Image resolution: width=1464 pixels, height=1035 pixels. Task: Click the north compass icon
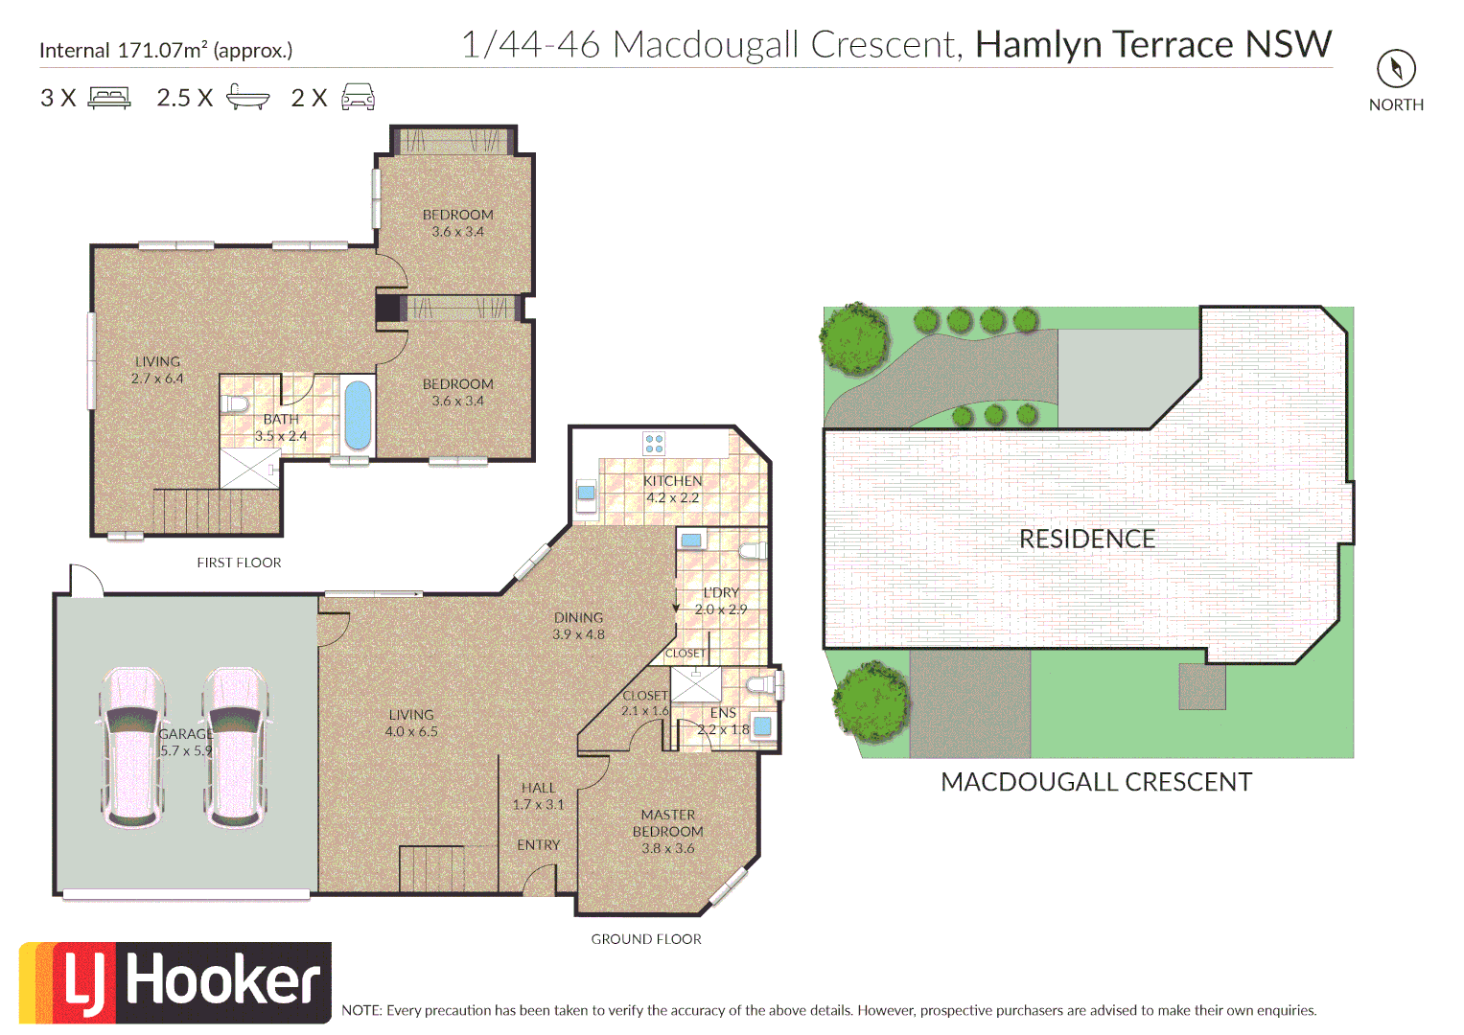point(1396,69)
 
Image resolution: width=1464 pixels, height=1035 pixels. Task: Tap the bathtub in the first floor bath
point(358,416)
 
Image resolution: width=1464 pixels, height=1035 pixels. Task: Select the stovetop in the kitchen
point(654,443)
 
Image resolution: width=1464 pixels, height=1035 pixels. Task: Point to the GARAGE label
point(186,734)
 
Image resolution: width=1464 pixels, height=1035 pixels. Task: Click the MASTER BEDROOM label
point(668,822)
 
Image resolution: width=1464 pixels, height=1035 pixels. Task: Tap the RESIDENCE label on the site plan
point(1087,539)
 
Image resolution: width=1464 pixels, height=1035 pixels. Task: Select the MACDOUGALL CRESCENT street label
point(1096,782)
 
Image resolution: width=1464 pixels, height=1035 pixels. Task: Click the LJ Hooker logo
point(175,982)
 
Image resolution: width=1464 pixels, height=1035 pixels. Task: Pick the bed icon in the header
point(110,98)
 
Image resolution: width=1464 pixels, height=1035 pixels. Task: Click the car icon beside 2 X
point(359,97)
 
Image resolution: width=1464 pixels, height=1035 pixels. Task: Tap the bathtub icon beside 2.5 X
point(247,97)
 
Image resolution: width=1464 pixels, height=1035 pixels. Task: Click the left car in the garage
point(132,747)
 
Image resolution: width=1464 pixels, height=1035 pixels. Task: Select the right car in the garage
point(236,747)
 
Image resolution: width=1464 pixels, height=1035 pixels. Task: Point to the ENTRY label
point(539,845)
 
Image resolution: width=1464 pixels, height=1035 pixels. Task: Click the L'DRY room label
point(721,592)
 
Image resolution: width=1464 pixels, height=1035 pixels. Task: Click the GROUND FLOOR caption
point(646,939)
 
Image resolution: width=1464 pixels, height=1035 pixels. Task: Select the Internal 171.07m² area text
point(166,50)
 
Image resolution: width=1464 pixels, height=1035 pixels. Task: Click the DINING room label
point(578,617)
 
